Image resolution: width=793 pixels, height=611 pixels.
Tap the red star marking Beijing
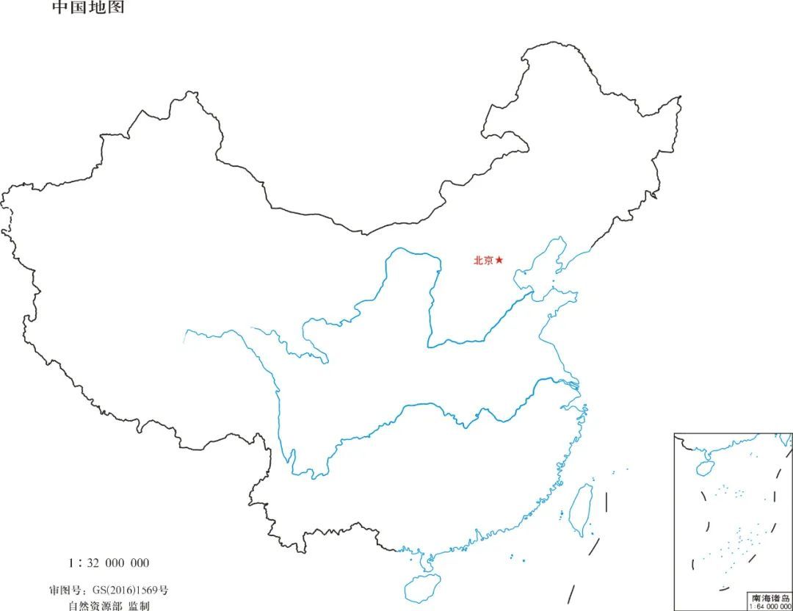click(x=499, y=260)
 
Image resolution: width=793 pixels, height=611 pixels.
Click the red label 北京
click(x=483, y=260)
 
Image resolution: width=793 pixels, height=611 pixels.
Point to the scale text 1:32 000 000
click(x=109, y=563)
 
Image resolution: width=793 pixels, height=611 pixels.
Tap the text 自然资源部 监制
click(x=109, y=606)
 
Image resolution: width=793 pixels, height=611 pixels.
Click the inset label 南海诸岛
click(x=770, y=599)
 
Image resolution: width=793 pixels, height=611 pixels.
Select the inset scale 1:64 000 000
click(x=770, y=607)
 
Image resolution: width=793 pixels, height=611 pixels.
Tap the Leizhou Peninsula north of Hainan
click(x=424, y=563)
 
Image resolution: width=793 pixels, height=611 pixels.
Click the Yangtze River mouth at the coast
click(x=577, y=383)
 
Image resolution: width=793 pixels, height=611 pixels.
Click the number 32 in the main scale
click(x=93, y=563)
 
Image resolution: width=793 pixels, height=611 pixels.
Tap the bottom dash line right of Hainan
click(x=571, y=594)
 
